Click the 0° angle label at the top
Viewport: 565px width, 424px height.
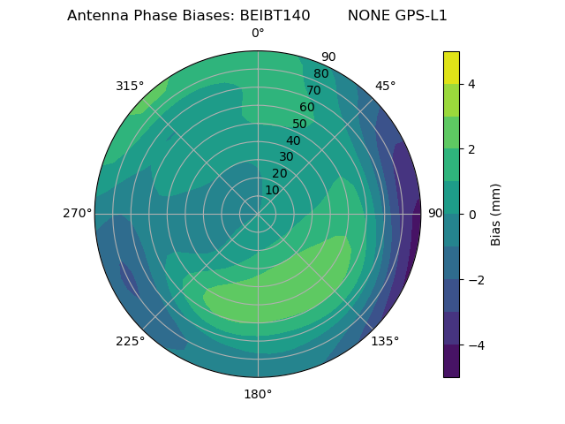tap(258, 34)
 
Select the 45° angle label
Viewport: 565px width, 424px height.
tap(386, 86)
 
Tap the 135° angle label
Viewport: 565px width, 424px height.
tap(385, 341)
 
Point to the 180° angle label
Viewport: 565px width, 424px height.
tap(258, 394)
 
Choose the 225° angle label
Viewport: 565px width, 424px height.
tap(130, 342)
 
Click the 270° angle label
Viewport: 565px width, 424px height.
tap(77, 213)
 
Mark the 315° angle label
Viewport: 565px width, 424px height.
tap(130, 86)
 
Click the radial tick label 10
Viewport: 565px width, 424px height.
tap(272, 190)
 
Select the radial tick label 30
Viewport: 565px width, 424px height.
tap(286, 157)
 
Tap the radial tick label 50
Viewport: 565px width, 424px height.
tap(299, 124)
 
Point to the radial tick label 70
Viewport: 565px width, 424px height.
tap(313, 90)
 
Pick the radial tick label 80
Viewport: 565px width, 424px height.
tap(320, 73)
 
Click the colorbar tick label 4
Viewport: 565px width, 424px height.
tap(471, 84)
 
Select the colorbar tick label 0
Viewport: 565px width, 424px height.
tap(471, 214)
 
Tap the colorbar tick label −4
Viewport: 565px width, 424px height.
tap(474, 344)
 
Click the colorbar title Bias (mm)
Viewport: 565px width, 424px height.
tap(496, 214)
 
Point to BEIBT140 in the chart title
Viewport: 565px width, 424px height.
tap(275, 15)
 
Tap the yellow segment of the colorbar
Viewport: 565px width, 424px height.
tap(451, 67)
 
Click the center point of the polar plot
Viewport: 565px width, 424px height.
tap(258, 214)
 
